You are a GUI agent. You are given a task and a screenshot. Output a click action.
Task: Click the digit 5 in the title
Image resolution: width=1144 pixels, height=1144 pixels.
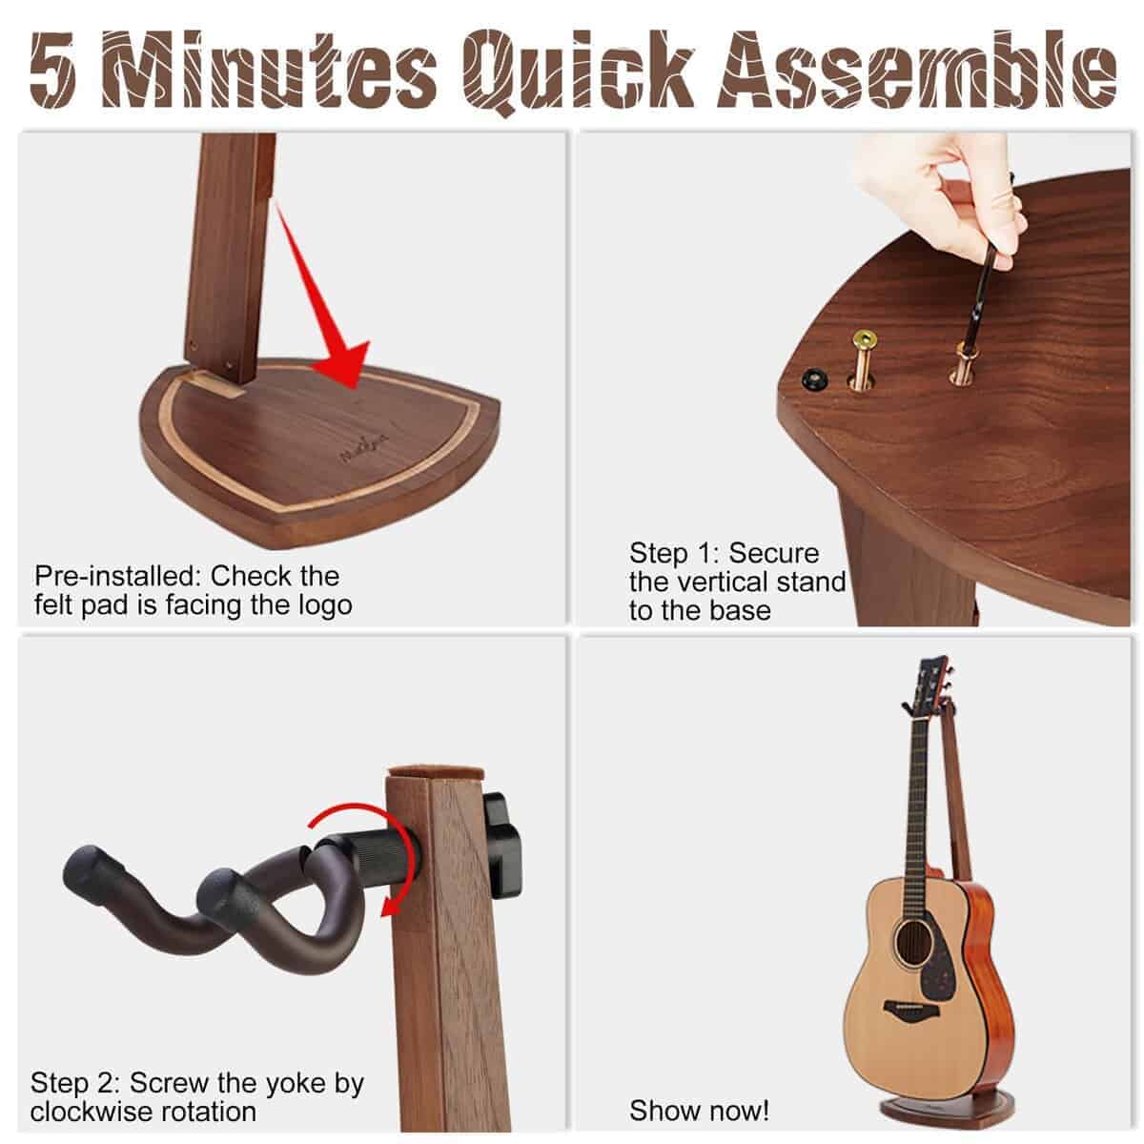(x=52, y=71)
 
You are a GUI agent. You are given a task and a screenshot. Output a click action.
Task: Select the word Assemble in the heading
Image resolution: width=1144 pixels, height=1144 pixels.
(x=917, y=71)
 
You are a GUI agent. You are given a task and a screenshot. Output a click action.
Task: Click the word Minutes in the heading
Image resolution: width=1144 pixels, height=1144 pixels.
(x=269, y=70)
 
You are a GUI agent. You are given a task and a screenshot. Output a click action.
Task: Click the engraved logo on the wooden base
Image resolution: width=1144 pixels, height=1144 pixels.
(x=364, y=446)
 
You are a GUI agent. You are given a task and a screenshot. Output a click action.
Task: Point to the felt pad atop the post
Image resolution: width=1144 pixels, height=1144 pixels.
(x=436, y=772)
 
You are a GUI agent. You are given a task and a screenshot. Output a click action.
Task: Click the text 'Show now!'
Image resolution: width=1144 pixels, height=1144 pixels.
(x=699, y=1111)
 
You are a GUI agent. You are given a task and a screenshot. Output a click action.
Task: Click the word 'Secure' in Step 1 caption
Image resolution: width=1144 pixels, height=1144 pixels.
(x=773, y=553)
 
